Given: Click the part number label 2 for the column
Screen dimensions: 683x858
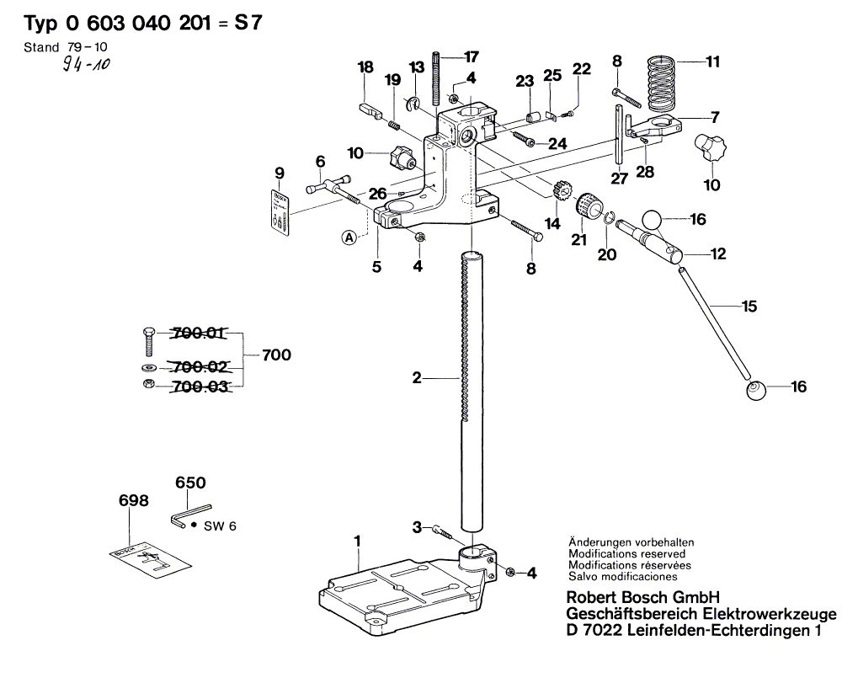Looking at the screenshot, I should coord(416,379).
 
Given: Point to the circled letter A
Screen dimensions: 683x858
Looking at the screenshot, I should coord(349,237).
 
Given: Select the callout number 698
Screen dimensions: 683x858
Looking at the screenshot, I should coord(133,500).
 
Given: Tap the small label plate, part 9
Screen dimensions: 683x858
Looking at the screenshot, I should coord(280,211).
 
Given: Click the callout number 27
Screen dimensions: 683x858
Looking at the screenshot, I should coord(620,178).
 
